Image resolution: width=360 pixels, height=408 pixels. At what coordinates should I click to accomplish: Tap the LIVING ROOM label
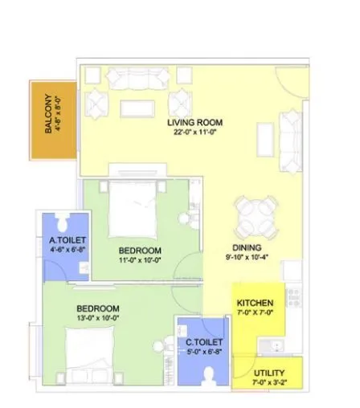pos(194,123)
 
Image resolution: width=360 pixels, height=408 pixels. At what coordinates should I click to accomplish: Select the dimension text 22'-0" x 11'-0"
pos(194,133)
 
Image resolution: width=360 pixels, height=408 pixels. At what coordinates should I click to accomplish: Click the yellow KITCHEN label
pos(256,304)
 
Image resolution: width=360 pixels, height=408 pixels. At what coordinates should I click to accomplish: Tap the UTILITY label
pos(268,374)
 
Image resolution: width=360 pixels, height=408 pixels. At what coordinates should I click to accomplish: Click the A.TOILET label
pos(67,240)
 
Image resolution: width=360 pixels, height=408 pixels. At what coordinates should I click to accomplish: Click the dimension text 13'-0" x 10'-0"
pos(98,319)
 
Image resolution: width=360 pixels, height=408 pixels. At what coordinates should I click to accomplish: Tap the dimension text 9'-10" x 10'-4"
pos(248,259)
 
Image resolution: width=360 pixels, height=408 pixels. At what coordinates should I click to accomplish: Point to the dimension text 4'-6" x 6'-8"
pos(67,250)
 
